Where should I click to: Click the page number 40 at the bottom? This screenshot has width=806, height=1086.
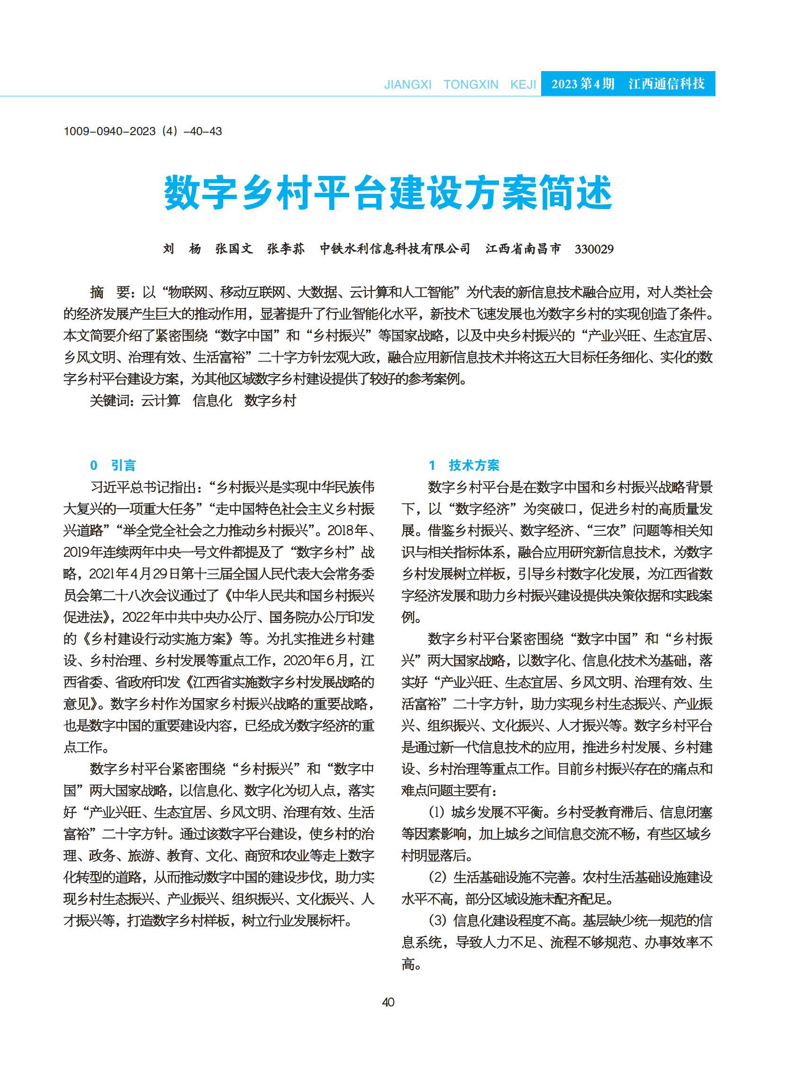(388, 1002)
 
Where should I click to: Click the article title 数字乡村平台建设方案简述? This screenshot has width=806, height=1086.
(388, 193)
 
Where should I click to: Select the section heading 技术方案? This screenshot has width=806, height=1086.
(474, 465)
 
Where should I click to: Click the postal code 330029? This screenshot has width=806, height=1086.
(594, 249)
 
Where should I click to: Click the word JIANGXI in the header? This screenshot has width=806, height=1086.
(408, 85)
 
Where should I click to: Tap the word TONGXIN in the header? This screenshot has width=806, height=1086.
(471, 85)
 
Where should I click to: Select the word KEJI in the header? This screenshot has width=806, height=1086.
(523, 85)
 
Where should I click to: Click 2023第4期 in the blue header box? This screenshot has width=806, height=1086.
(583, 84)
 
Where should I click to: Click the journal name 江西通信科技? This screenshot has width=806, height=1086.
(667, 84)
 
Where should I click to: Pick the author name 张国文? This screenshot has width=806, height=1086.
(234, 249)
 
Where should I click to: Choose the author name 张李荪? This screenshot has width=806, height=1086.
(286, 249)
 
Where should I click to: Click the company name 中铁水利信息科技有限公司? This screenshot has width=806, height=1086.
(395, 249)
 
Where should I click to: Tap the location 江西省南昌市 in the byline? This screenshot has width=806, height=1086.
(523, 249)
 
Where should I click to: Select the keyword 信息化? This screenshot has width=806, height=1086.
(212, 401)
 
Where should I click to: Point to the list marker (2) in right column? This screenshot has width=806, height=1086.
(437, 877)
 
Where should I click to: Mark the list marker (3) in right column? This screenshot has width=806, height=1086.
(437, 921)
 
